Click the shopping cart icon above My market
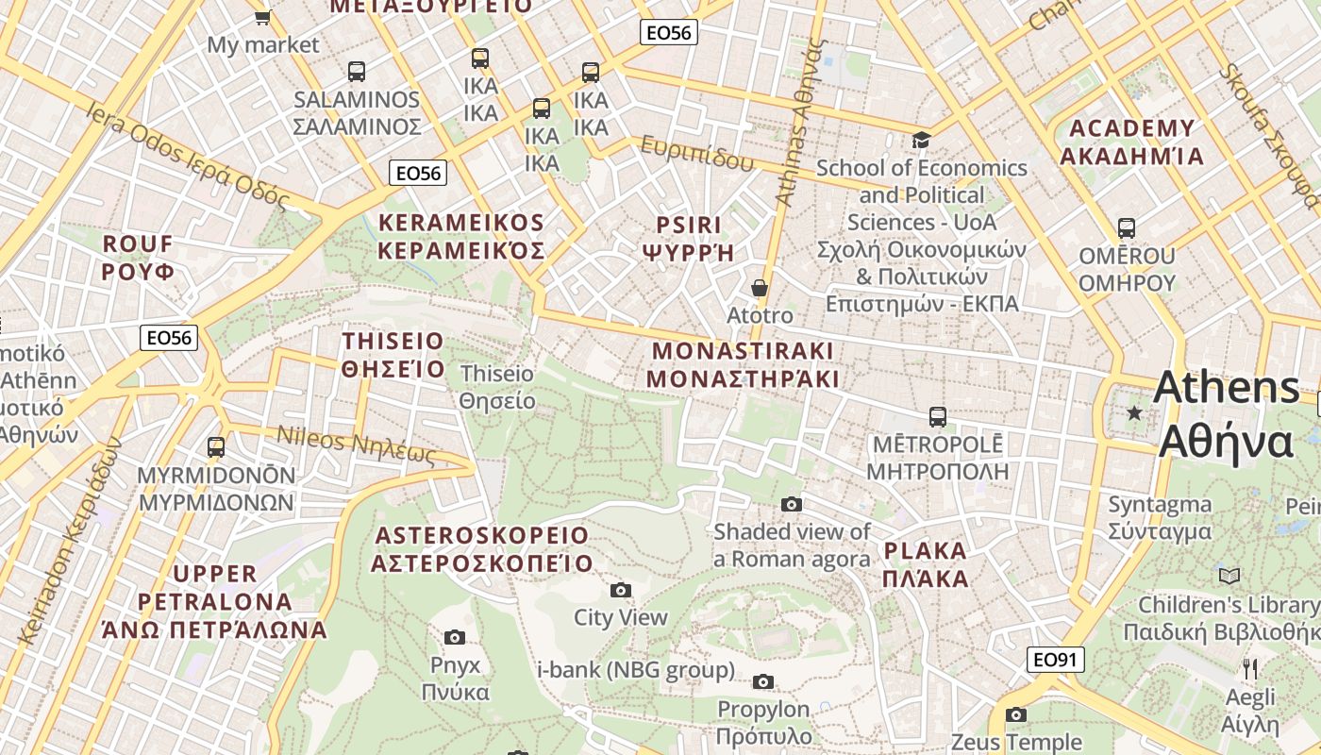coord(263,16)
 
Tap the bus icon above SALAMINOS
coord(356,71)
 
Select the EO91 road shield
coord(1055,660)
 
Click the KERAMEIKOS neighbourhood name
coord(461,237)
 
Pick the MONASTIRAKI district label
coord(744,364)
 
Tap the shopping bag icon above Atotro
coord(760,288)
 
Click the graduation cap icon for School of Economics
coord(921,141)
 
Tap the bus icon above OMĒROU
coord(1126,228)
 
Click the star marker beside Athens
coord(1134,413)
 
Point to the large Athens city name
coord(1226,413)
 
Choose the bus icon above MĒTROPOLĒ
coord(937,416)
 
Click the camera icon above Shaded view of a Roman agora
coord(792,505)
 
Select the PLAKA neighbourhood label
coord(926,564)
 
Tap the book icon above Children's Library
coord(1229,576)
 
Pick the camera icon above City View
coord(620,591)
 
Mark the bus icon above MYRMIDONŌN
coord(216,446)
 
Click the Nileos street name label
coord(357,446)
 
